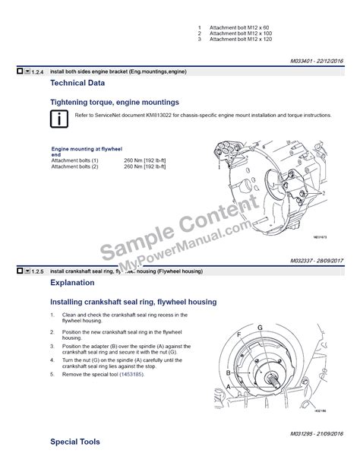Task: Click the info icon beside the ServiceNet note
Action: click(58, 119)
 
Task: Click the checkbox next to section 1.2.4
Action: click(19, 71)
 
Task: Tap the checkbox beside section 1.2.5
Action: click(19, 271)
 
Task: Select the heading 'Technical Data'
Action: click(77, 83)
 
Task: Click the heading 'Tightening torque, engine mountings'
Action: click(115, 101)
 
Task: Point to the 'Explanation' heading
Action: click(72, 283)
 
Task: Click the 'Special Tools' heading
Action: click(74, 442)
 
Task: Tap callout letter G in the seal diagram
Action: click(260, 327)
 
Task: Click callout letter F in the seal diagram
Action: click(239, 334)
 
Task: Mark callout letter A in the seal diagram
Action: click(227, 387)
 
